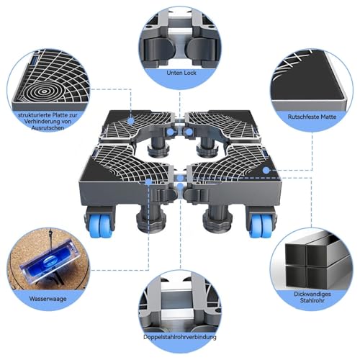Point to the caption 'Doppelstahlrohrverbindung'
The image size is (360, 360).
(180, 337)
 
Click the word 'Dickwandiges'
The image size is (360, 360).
(310, 294)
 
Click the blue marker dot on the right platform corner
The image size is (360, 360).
(266, 171)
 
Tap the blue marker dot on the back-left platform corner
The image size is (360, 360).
(130, 123)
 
